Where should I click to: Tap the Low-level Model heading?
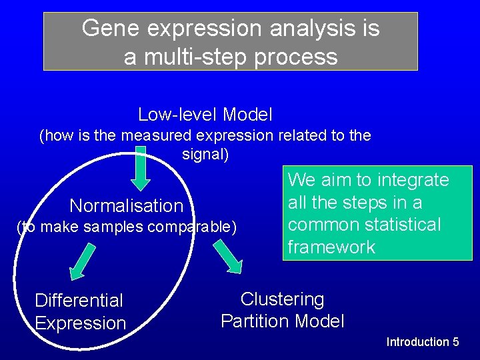coord(205,115)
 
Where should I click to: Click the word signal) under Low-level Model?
coord(205,155)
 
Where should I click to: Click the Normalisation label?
coord(126,205)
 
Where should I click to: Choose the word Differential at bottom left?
coord(79,301)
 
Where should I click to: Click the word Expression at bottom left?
coord(80,323)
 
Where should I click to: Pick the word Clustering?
coord(282,299)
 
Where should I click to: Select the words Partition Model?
coord(282,321)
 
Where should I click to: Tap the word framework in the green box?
coord(331,247)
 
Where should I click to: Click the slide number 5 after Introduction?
coord(455,342)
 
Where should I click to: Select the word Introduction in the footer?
coord(417,342)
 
